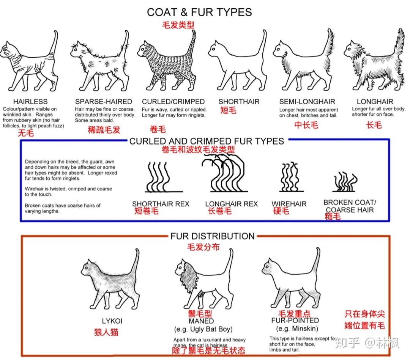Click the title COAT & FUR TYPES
pyautogui.click(x=199, y=12)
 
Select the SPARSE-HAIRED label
pyautogui.click(x=103, y=102)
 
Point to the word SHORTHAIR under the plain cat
pyautogui.click(x=239, y=102)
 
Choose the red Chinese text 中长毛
pyautogui.click(x=306, y=125)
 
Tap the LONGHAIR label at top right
pyautogui.click(x=375, y=102)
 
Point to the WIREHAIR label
pyautogui.click(x=289, y=204)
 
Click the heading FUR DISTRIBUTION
pyautogui.click(x=212, y=236)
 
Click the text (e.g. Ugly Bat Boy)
pyautogui.click(x=203, y=329)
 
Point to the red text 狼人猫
pyautogui.click(x=106, y=332)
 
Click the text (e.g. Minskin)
pyautogui.click(x=297, y=329)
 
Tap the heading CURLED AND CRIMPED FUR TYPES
pyautogui.click(x=207, y=141)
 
